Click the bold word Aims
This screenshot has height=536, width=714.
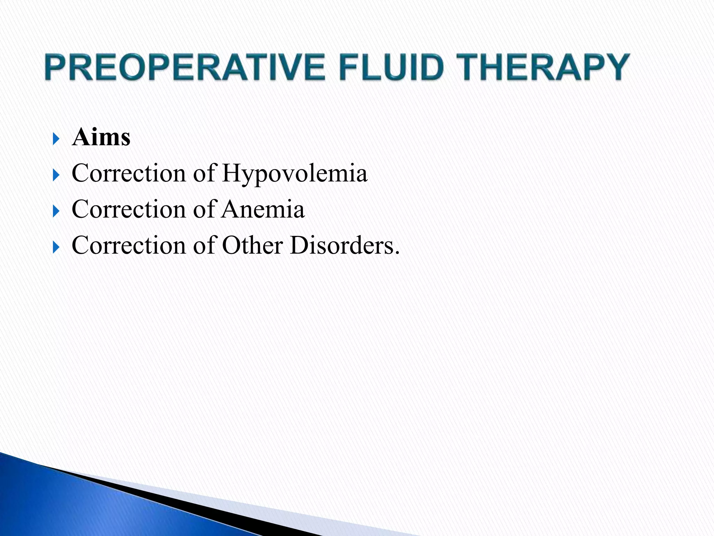coord(101,137)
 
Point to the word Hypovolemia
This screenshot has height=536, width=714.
coord(295,173)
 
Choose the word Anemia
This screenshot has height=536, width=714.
coord(263,209)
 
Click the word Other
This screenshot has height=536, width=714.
coord(252,245)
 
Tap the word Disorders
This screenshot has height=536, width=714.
coord(344,245)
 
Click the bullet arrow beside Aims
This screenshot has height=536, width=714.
coord(56,139)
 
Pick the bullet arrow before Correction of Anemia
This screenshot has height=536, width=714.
coord(56,211)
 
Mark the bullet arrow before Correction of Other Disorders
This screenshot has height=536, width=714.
coord(56,247)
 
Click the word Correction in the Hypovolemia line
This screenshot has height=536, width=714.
coord(129,173)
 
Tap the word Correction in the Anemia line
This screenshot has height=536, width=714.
coord(129,209)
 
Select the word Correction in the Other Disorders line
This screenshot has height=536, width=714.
coord(129,245)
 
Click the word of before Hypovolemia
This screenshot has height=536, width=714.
coord(205,173)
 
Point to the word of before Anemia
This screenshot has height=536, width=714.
coord(205,209)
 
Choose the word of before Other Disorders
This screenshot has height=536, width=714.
coord(205,245)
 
